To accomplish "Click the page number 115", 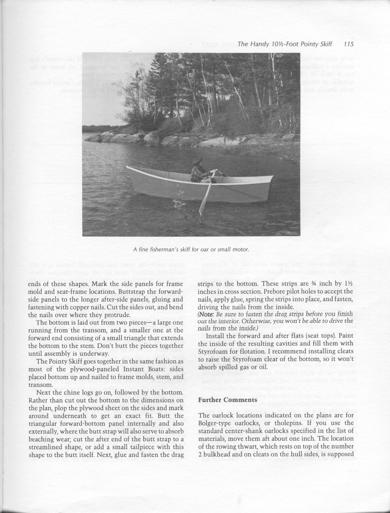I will click(x=348, y=44).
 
